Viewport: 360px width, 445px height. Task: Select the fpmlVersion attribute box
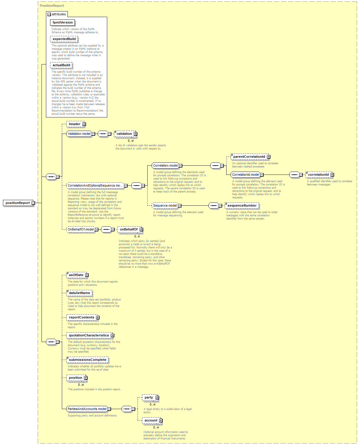click(x=62, y=23)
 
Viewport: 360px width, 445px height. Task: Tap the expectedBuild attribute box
click(x=64, y=39)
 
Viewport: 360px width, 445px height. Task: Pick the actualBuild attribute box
click(x=61, y=65)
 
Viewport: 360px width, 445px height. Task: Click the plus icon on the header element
click(x=84, y=124)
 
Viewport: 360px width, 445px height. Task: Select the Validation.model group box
click(x=79, y=134)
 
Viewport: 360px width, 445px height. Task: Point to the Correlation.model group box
click(x=165, y=165)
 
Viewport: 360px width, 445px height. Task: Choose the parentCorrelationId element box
click(x=250, y=157)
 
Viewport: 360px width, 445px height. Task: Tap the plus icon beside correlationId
click(x=332, y=175)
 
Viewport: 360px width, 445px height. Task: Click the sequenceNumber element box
click(x=242, y=206)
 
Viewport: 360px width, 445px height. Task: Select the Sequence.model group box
click(x=165, y=206)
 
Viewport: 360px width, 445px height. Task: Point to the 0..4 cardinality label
click(x=137, y=237)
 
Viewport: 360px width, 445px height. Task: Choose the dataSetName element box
click(x=80, y=293)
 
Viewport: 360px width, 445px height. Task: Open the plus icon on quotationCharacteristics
click(x=113, y=336)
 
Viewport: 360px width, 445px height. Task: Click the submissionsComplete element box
click(x=87, y=360)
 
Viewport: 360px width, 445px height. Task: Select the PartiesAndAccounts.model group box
click(x=87, y=409)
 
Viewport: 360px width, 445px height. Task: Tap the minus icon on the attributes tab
click(x=49, y=14)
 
